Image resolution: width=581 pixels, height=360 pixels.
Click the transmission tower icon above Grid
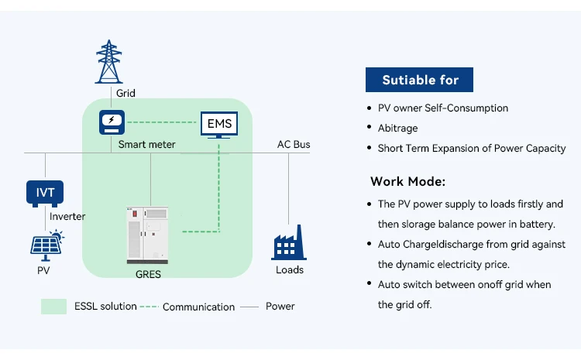pyautogui.click(x=108, y=61)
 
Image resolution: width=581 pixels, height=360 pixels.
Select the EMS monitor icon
pyautogui.click(x=218, y=125)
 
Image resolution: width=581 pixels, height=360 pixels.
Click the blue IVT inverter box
pyautogui.click(x=45, y=193)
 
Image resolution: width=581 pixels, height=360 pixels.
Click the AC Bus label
pyautogui.click(x=294, y=145)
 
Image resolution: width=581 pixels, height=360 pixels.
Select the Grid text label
pyautogui.click(x=125, y=93)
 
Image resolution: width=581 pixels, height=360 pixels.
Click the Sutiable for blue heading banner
pyautogui.click(x=419, y=80)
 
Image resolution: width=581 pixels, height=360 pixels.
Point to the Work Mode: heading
pyautogui.click(x=407, y=182)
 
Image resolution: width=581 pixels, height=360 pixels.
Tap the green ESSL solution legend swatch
pyautogui.click(x=53, y=307)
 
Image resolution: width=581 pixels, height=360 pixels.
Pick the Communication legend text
pyautogui.click(x=198, y=307)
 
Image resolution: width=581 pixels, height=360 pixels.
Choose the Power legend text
pyautogui.click(x=280, y=307)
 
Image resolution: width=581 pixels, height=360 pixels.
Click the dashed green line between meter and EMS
pyautogui.click(x=163, y=122)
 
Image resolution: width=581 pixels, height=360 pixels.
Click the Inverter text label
pyautogui.click(x=68, y=216)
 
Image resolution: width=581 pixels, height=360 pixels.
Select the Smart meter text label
pyautogui.click(x=146, y=144)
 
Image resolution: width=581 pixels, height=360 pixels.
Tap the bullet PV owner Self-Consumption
pyautogui.click(x=442, y=108)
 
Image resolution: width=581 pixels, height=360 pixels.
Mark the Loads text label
pyautogui.click(x=289, y=269)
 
